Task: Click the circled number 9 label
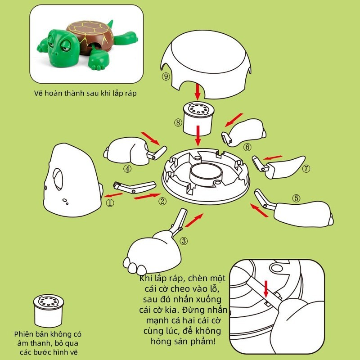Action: [166, 76]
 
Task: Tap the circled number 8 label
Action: [178, 122]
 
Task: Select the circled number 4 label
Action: [127, 169]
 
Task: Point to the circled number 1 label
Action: [110, 202]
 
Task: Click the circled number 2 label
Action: [162, 201]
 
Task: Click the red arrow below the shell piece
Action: [198, 92]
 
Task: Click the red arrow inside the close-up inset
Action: [266, 288]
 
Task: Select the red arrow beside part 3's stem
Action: [194, 220]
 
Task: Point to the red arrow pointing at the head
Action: [113, 195]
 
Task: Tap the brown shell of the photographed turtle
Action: [90, 35]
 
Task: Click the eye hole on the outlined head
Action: [58, 179]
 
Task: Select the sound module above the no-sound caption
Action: [49, 310]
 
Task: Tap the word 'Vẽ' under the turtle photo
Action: [38, 93]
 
